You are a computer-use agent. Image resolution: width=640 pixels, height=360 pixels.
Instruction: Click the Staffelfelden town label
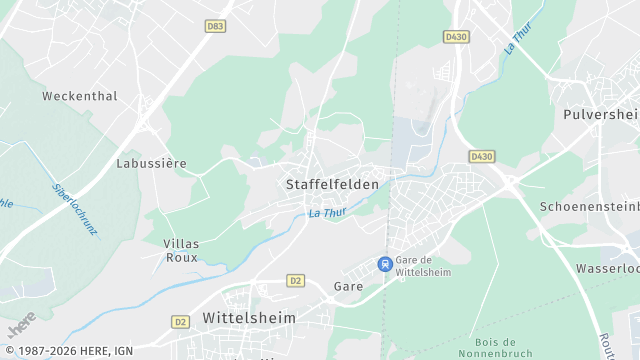tap(332, 185)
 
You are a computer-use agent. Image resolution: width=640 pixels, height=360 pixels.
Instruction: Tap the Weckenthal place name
tap(80, 97)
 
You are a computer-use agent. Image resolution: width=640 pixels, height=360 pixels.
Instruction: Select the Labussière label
tap(152, 163)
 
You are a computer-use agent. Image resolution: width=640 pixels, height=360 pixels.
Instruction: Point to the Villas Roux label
tap(182, 250)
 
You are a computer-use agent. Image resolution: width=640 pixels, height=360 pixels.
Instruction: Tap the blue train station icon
tap(384, 264)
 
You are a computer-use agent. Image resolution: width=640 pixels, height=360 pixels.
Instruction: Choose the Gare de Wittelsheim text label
tap(423, 265)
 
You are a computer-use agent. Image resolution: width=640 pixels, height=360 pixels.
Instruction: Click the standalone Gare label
tap(348, 286)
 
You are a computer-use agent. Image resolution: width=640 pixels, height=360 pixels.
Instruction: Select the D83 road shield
tap(215, 27)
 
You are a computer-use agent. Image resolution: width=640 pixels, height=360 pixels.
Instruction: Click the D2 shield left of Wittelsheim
tap(180, 321)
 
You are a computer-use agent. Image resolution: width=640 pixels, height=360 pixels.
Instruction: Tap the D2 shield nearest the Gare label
tap(294, 281)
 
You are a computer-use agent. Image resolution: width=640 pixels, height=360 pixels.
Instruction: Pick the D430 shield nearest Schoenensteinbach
tap(482, 156)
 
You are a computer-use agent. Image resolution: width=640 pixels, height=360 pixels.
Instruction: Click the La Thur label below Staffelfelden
tap(327, 213)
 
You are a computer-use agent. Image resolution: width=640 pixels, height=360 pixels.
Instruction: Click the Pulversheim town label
tap(601, 115)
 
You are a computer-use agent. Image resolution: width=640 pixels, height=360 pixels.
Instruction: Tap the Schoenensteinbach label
tap(589, 206)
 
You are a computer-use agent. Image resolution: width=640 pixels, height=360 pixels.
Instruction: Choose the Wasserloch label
tap(608, 269)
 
